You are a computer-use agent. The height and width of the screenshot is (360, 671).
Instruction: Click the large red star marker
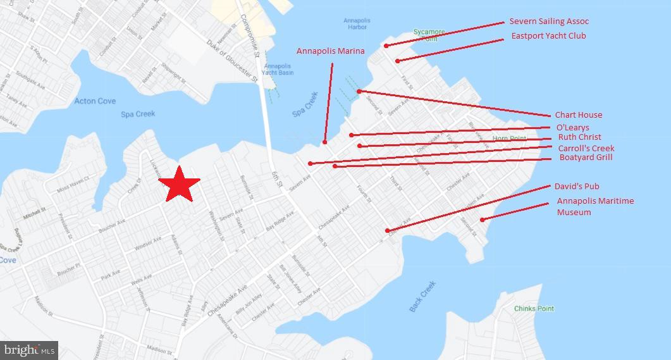coord(180,185)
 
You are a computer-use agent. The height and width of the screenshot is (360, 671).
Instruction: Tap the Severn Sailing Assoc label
coord(549,22)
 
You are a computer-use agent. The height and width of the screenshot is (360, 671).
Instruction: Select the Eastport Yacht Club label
coord(548,36)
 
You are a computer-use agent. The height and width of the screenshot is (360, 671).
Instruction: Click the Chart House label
coord(578,115)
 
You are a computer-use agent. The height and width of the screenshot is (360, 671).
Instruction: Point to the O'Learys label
coord(572,128)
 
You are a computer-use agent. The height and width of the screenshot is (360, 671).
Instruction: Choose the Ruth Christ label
coord(579,137)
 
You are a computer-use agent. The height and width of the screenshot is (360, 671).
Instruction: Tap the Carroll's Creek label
coord(586,149)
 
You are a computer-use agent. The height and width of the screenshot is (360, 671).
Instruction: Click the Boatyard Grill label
coord(586,158)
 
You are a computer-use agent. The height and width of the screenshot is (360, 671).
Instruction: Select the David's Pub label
coord(576,187)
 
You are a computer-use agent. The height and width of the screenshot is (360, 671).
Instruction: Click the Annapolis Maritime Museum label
coord(595,206)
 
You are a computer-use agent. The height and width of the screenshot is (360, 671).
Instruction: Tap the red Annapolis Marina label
coord(330,51)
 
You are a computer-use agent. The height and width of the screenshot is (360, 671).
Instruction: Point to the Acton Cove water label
coord(95,101)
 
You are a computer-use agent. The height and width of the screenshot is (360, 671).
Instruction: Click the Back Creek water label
coord(422,296)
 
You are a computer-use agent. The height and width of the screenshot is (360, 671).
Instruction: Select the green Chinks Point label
coord(534,309)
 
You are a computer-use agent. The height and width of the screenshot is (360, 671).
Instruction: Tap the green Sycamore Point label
coord(429,35)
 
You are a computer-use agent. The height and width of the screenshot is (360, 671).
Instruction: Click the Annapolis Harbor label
coord(357,24)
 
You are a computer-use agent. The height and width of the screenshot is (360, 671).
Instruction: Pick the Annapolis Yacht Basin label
coord(278,69)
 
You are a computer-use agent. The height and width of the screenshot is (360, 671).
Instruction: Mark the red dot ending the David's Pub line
coord(387,231)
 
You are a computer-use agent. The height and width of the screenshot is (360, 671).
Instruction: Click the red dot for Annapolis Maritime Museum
coord(482,220)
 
